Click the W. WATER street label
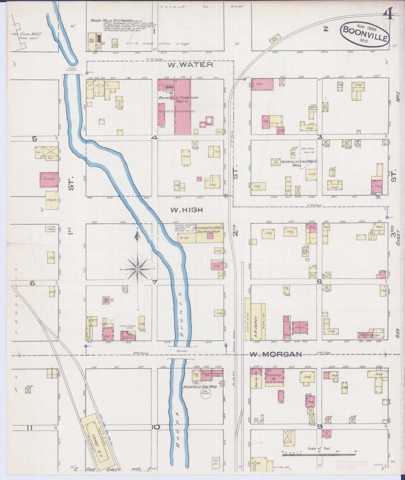191,65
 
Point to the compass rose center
137,269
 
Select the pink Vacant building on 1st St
49,179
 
